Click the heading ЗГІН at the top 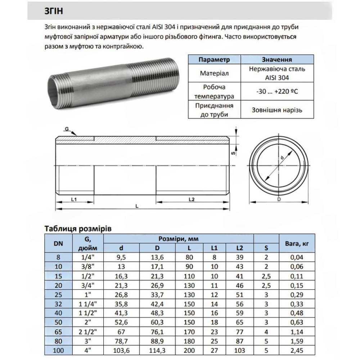click(x=54, y=11)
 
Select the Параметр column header click(x=214, y=59)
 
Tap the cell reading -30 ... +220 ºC click(x=277, y=91)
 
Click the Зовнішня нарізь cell click(x=277, y=110)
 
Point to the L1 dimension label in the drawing click(x=74, y=199)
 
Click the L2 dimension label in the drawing click(x=192, y=199)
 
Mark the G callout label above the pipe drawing click(x=67, y=129)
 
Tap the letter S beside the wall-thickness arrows click(x=233, y=153)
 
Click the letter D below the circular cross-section click(x=279, y=199)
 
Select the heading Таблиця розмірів click(x=78, y=229)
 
